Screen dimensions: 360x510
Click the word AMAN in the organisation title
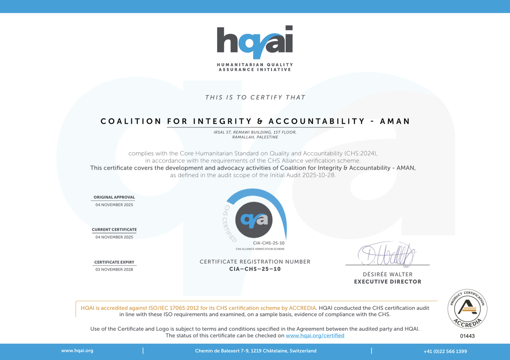coord(395,121)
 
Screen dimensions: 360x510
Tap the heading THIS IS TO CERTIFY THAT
coord(255,97)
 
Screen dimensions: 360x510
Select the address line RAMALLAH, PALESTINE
coord(255,137)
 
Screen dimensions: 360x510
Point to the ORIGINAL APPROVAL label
coord(114,197)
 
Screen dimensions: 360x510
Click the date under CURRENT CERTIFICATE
coord(114,237)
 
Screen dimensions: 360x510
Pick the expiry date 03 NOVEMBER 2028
coord(114,269)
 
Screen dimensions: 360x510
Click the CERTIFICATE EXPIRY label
coord(114,262)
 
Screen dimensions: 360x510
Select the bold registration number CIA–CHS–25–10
coord(255,269)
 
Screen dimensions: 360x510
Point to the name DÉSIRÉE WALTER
coord(388,274)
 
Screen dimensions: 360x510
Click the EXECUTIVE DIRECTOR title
coord(388,281)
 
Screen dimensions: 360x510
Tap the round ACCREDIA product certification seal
coord(467,308)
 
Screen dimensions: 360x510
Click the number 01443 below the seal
coord(467,336)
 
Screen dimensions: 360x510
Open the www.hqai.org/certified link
coord(315,335)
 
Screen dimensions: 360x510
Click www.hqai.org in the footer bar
coord(77,351)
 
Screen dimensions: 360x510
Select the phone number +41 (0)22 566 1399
coord(445,351)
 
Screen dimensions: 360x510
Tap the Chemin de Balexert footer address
coord(255,351)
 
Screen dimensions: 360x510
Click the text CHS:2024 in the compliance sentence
coord(362,153)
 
